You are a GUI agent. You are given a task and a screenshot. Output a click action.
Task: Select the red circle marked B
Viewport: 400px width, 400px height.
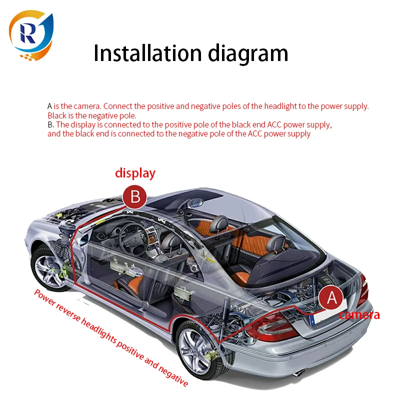(x=135, y=196)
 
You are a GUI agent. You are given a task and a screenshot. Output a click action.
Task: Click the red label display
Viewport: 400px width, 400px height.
(x=135, y=173)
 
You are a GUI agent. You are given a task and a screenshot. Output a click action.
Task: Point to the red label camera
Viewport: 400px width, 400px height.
(x=359, y=315)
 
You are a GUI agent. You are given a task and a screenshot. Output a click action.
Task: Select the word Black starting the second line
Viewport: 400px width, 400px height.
(x=56, y=115)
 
